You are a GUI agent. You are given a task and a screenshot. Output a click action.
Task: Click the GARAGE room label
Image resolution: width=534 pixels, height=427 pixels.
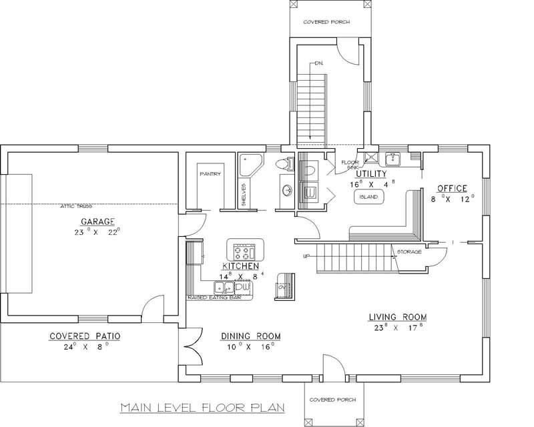(x=98, y=222)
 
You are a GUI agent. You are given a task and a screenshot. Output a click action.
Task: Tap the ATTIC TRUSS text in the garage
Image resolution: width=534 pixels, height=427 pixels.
(x=76, y=206)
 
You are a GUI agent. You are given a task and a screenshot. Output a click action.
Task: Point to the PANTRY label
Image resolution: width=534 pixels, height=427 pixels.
(x=210, y=174)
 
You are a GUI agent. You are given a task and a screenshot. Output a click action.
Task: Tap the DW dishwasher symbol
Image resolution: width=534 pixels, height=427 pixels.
(x=242, y=287)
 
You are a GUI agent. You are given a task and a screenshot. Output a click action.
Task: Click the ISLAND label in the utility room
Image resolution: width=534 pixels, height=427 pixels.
(x=368, y=198)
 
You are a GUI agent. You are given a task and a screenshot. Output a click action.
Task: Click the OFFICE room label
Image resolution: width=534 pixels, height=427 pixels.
(x=452, y=188)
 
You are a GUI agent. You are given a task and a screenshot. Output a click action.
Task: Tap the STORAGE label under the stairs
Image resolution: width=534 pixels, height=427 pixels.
(x=409, y=252)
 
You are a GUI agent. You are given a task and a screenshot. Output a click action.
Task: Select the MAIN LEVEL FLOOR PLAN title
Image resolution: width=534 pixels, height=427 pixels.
(x=202, y=406)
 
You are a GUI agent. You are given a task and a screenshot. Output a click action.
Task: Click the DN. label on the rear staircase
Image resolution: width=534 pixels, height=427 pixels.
(x=319, y=63)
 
